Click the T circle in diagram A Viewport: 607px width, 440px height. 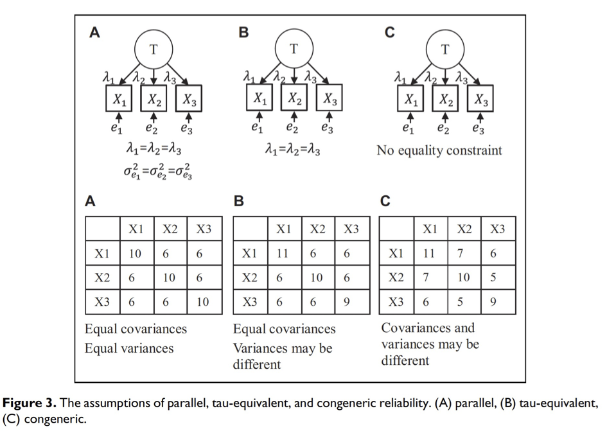154,49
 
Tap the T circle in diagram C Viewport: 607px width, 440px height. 444,49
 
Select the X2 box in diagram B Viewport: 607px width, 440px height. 294,99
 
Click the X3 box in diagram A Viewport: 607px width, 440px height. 188,99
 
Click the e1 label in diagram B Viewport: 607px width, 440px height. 258,127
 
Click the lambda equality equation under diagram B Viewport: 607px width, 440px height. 293,151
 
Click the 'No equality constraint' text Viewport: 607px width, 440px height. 439,151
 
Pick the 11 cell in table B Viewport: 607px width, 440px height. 283,254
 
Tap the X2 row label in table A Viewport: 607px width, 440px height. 101,278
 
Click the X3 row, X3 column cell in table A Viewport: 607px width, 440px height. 203,302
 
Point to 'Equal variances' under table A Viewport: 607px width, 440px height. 129,349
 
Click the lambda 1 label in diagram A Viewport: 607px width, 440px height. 109,76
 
